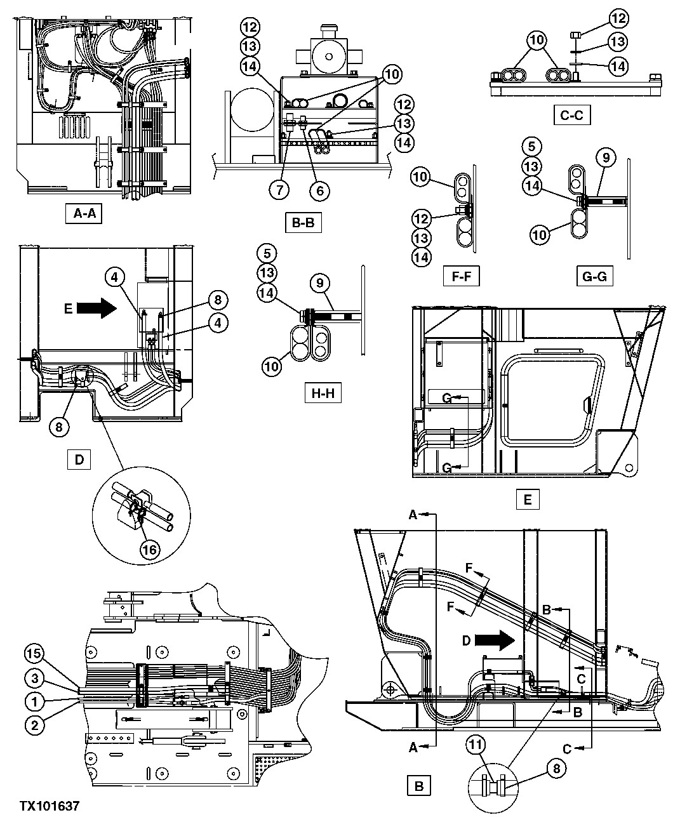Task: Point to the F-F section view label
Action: tap(461, 277)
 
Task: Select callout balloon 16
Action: tap(150, 548)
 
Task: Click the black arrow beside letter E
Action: tap(96, 308)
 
